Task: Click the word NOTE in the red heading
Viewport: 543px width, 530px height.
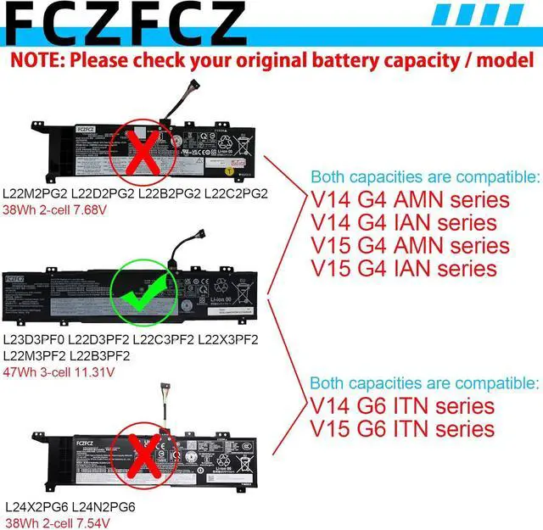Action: [36, 61]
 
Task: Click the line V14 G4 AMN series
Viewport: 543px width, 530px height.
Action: [411, 201]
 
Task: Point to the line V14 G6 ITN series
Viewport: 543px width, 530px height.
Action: [401, 406]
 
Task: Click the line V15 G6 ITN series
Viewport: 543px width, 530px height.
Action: [401, 429]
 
